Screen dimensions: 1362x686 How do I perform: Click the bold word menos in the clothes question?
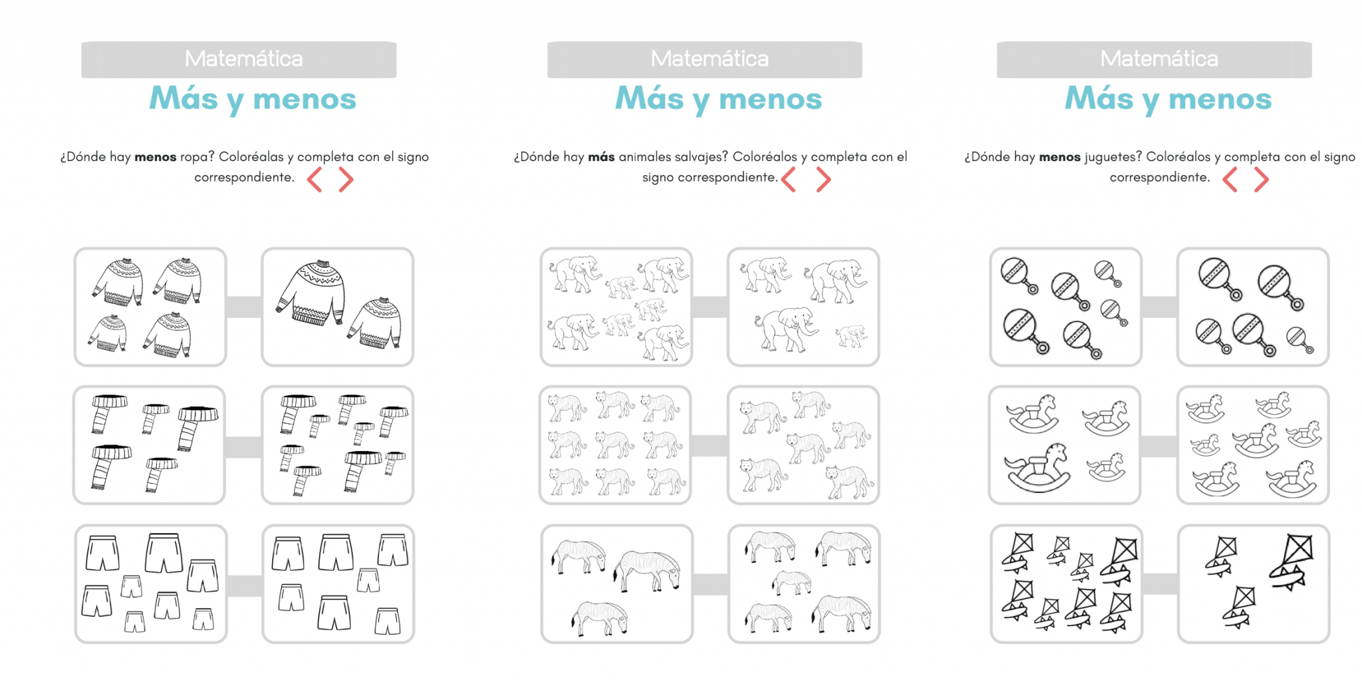tap(155, 157)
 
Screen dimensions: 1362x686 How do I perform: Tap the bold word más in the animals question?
tap(601, 157)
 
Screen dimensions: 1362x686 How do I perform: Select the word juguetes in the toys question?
tap(1113, 158)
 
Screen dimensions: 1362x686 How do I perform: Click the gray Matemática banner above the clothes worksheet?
tap(239, 59)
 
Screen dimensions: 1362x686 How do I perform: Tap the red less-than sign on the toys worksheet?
tap(1230, 180)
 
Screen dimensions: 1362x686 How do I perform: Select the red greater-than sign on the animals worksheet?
tap(823, 180)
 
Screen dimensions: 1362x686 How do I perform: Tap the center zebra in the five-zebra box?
tap(792, 582)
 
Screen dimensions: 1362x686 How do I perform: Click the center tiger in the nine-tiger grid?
tap(614, 444)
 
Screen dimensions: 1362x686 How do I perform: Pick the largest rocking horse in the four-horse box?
tap(1037, 468)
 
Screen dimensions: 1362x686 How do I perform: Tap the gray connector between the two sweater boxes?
tap(243, 307)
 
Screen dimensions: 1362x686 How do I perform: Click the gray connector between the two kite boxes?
tap(1160, 584)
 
